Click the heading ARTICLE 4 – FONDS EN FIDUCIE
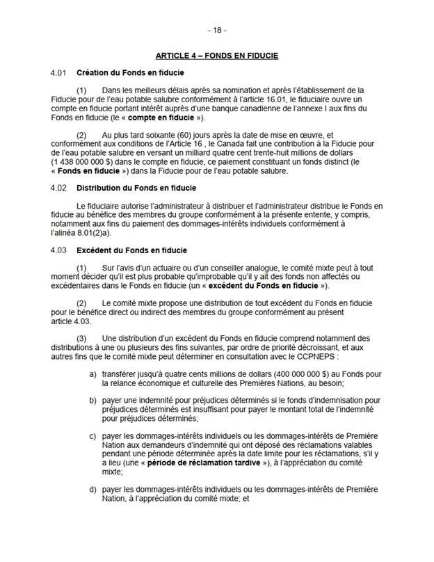pyautogui.click(x=217, y=55)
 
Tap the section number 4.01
pyautogui.click(x=58, y=73)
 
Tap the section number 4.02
pyautogui.click(x=58, y=188)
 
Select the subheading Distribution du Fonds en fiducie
pyautogui.click(x=136, y=188)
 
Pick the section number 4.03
pyautogui.click(x=58, y=250)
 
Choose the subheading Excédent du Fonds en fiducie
pyautogui.click(x=131, y=250)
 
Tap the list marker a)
pyautogui.click(x=93, y=374)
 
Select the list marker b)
pyautogui.click(x=93, y=401)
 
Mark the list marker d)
pyautogui.click(x=93, y=489)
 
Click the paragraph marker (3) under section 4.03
pyautogui.click(x=81, y=339)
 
